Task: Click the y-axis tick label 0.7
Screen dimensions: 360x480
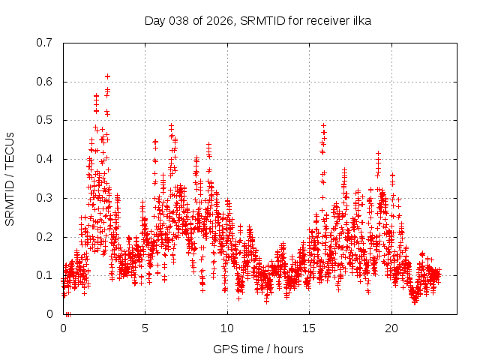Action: [46, 43]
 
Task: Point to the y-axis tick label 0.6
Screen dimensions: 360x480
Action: [46, 82]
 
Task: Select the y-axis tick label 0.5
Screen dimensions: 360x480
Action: [46, 120]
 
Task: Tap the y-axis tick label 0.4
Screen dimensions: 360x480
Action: [46, 159]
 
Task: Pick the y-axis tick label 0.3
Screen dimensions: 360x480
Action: [46, 198]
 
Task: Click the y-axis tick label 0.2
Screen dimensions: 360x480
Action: [46, 237]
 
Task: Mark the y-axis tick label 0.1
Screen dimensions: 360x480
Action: [46, 275]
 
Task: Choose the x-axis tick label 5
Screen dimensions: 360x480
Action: [145, 328]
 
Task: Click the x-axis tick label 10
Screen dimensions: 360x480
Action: [227, 328]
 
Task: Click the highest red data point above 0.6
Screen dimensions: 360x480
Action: [107, 76]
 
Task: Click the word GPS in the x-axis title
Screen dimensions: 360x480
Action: [224, 349]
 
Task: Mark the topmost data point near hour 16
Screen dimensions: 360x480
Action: [323, 125]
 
